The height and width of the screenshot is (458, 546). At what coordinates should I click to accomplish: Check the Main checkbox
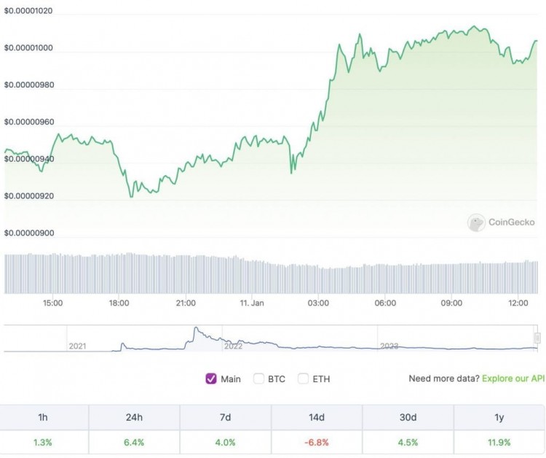pyautogui.click(x=212, y=379)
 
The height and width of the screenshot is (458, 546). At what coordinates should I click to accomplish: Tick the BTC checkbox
pyautogui.click(x=258, y=379)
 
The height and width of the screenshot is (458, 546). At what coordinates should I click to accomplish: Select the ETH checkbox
pyautogui.click(x=303, y=379)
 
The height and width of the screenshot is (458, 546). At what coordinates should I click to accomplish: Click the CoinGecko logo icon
pyautogui.click(x=477, y=222)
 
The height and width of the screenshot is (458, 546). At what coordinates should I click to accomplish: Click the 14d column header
pyautogui.click(x=317, y=418)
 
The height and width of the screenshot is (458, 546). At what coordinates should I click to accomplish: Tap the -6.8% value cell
pyautogui.click(x=317, y=442)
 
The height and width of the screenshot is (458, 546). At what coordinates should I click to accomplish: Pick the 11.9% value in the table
pyautogui.click(x=499, y=442)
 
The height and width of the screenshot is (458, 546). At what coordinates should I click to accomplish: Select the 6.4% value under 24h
pyautogui.click(x=134, y=442)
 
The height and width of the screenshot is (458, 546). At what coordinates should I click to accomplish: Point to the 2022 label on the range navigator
pyautogui.click(x=233, y=346)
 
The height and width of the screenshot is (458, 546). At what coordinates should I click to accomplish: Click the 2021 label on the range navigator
pyautogui.click(x=77, y=346)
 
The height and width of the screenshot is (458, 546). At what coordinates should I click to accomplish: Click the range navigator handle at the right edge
pyautogui.click(x=537, y=338)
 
